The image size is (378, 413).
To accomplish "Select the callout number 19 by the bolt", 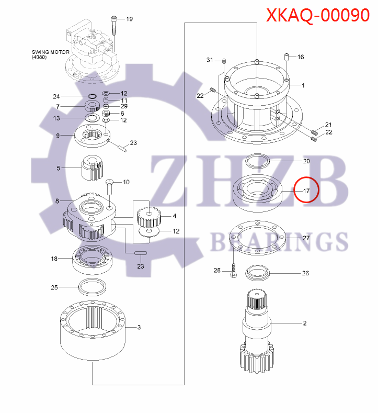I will point(129,19).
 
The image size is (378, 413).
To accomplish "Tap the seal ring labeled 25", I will point(92,286).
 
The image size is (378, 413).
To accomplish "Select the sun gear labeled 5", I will point(93,168).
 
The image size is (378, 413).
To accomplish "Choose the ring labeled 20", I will point(256,160).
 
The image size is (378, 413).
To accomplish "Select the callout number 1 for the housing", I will point(303,85).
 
